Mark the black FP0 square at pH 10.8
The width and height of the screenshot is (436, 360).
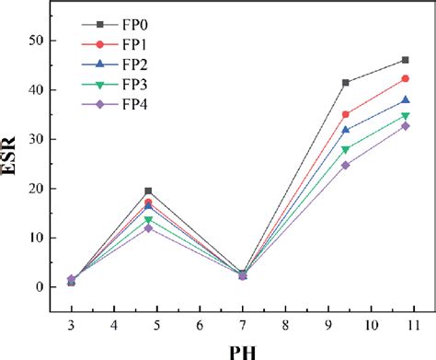tap(405, 61)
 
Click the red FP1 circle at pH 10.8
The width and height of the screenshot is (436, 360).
tap(405, 79)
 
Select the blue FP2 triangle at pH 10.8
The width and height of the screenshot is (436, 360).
tap(405, 100)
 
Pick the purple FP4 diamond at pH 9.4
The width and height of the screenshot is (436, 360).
tap(345, 166)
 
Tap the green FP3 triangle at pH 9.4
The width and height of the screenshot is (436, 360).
tap(345, 149)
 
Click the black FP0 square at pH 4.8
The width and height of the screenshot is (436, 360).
tap(148, 192)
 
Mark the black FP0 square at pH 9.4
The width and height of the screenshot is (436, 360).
tap(345, 83)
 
